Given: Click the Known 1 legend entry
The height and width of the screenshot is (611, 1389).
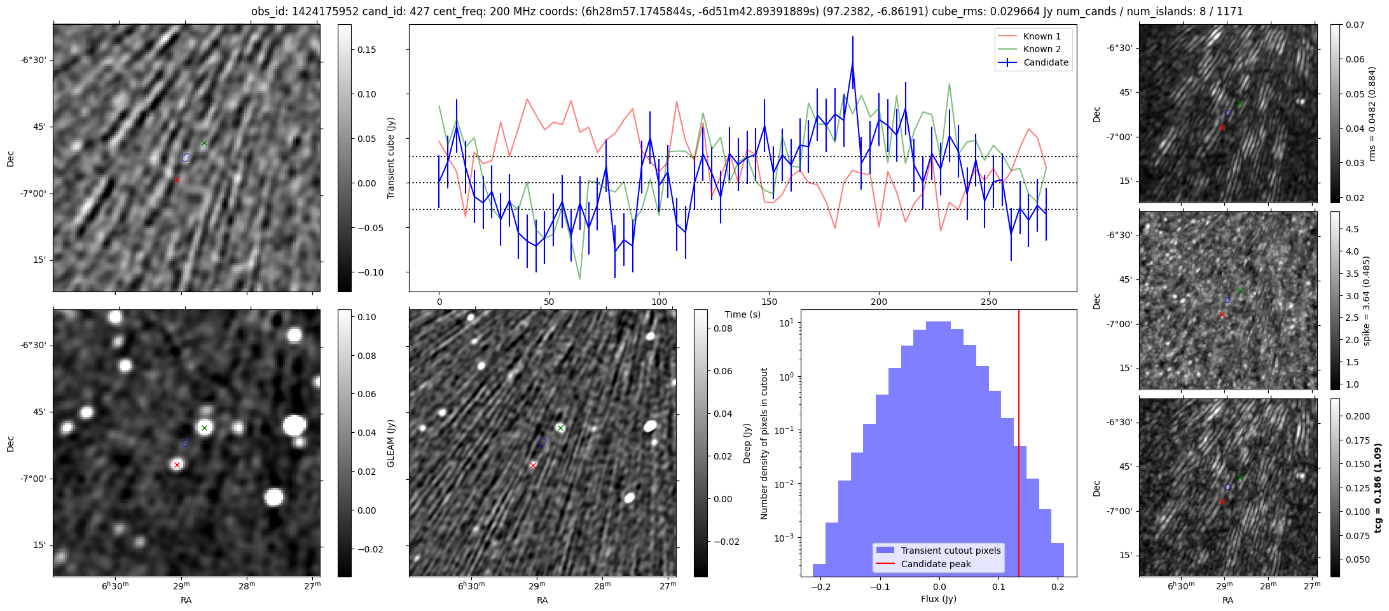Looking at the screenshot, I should click(x=1041, y=36).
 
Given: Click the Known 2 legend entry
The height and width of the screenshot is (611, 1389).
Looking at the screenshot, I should click(x=1041, y=49).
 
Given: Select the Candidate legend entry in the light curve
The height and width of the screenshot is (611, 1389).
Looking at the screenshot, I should click(x=1046, y=62).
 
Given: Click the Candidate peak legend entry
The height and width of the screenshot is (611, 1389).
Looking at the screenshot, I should click(x=936, y=564).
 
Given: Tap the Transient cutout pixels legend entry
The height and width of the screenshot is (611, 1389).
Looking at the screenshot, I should click(x=950, y=551).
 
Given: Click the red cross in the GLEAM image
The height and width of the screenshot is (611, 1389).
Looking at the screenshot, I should click(x=177, y=465).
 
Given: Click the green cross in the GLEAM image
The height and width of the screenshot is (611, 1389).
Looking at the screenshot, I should click(x=204, y=428).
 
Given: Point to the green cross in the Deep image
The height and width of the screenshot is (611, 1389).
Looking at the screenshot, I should click(x=560, y=428).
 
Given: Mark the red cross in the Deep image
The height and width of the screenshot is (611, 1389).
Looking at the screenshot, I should click(x=533, y=465).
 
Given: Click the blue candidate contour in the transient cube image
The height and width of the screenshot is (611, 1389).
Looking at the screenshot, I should click(x=186, y=157).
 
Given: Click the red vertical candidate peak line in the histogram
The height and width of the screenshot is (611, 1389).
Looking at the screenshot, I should click(x=1019, y=446).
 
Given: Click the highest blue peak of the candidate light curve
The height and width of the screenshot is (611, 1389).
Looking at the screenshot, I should click(x=852, y=62).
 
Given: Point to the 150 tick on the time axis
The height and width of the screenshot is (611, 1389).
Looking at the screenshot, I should click(x=769, y=302).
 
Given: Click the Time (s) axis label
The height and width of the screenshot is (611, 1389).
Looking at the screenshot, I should click(x=743, y=314).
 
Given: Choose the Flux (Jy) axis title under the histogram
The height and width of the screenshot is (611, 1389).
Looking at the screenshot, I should click(x=938, y=599).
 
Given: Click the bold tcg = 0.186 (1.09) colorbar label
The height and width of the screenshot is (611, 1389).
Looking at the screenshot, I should click(x=1378, y=488).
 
